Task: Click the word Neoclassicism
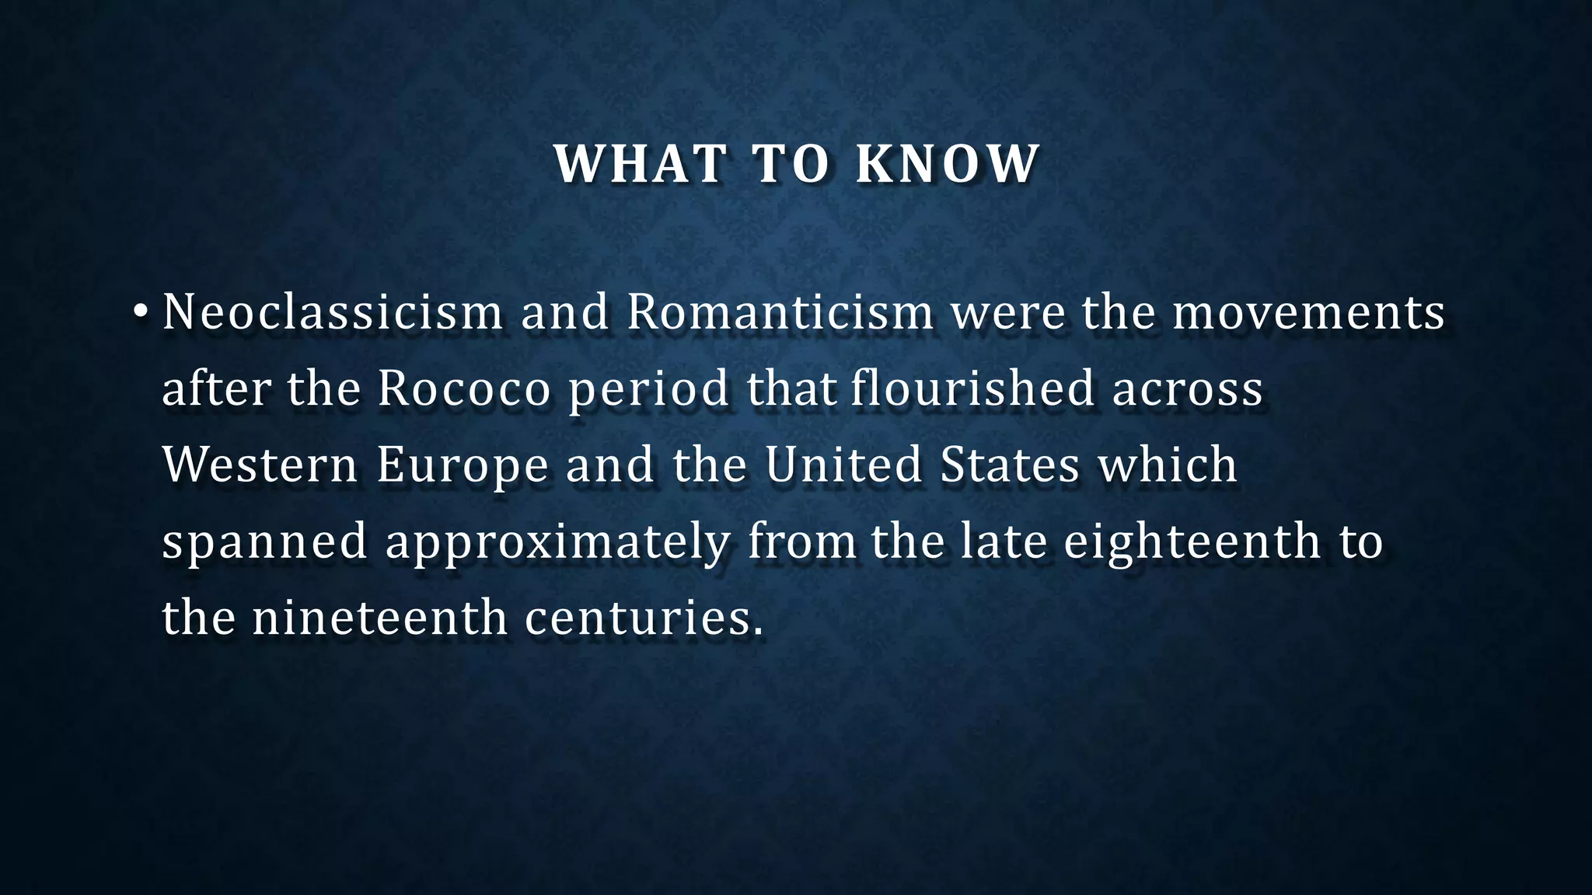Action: click(x=333, y=312)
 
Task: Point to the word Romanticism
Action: click(x=780, y=312)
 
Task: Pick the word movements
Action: click(x=1308, y=312)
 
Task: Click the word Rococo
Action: click(x=464, y=388)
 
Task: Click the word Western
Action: click(x=260, y=465)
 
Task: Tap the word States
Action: click(x=1010, y=465)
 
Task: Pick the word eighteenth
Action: click(x=1192, y=542)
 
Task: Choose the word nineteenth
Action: click(x=379, y=618)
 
